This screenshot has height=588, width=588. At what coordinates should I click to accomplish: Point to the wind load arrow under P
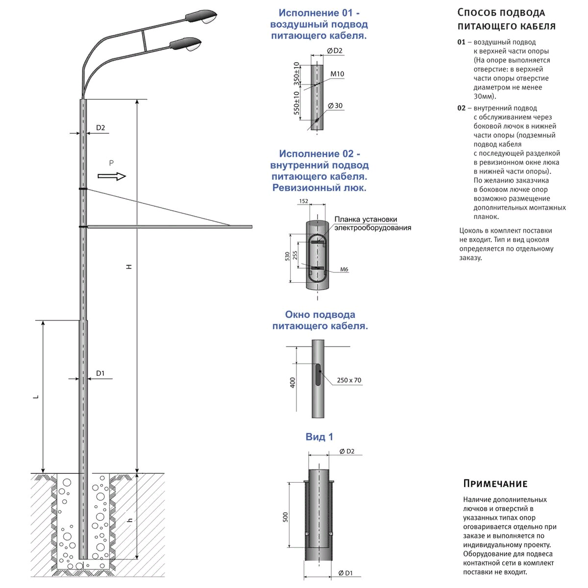click(x=112, y=176)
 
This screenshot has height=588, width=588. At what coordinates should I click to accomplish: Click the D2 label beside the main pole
click(x=100, y=128)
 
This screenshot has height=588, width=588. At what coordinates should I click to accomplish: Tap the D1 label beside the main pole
click(x=100, y=373)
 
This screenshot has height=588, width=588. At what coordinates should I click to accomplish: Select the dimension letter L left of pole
click(x=35, y=397)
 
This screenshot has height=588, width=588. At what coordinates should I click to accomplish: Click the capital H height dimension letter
click(x=129, y=267)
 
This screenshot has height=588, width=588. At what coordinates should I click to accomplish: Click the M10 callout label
click(x=337, y=74)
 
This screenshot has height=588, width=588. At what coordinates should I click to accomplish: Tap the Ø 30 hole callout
click(x=335, y=106)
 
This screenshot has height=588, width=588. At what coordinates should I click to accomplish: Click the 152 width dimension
click(x=303, y=201)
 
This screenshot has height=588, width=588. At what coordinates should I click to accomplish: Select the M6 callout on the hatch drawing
click(x=344, y=269)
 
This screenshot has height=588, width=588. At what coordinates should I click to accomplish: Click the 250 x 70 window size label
click(x=349, y=380)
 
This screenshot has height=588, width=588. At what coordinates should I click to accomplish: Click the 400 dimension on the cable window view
click(x=293, y=383)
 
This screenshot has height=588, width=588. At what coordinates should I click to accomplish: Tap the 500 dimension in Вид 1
click(x=286, y=517)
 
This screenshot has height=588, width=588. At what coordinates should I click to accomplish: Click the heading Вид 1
click(x=319, y=437)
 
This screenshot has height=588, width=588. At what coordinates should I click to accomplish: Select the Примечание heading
click(x=495, y=484)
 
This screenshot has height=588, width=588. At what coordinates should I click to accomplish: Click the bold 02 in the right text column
click(x=461, y=108)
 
